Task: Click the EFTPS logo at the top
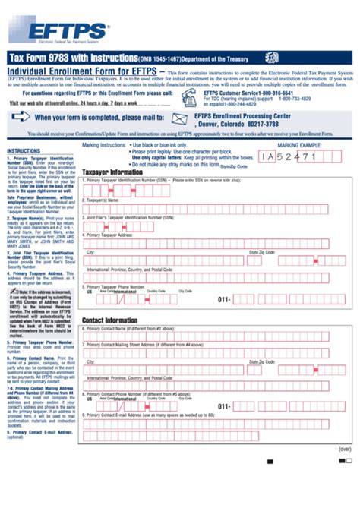click(64, 30)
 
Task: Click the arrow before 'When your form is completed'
click(21, 117)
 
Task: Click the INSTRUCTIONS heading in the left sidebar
click(24, 151)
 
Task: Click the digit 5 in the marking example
click(289, 156)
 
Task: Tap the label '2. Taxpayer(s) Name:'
click(106, 200)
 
